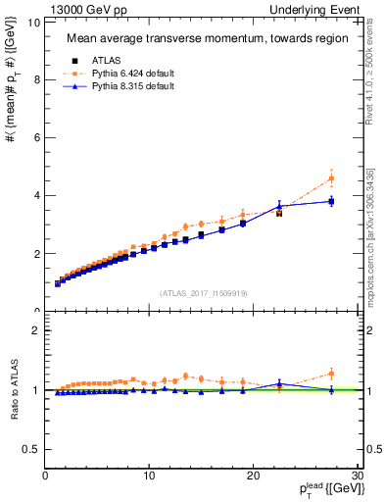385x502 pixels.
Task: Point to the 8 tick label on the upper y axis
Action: (x=37, y=79)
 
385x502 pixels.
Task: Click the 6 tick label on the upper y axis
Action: (x=37, y=137)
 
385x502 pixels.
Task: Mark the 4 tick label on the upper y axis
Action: (x=37, y=195)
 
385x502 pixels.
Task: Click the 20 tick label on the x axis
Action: (x=253, y=476)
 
